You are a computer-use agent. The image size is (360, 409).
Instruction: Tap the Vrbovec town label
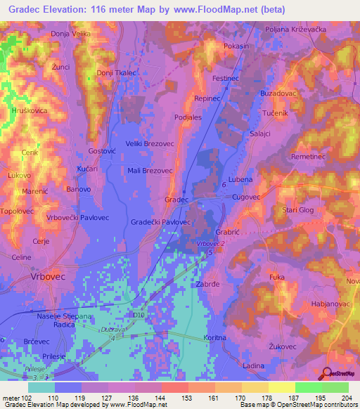pos(48,278)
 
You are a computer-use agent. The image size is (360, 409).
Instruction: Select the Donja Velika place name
pos(71,34)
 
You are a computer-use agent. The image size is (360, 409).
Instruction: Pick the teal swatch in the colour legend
pos(41,387)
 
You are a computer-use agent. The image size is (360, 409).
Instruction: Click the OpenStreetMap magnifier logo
pos(326,374)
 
